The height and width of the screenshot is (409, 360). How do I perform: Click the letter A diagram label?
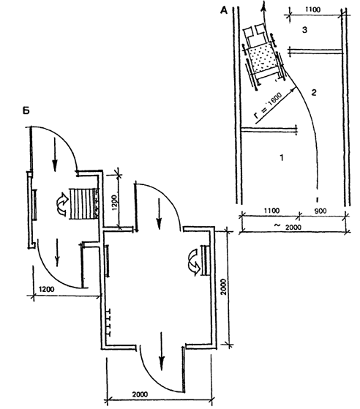coord(224,10)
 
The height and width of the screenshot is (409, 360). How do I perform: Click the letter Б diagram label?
coord(26,110)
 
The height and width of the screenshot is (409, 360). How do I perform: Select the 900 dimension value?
coord(320,211)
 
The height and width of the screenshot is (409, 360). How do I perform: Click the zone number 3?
coord(304,30)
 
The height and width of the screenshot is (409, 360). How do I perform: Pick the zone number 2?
coord(314,92)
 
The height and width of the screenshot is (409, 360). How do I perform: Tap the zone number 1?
coord(282,157)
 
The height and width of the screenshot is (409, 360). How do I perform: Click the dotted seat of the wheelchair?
coord(262,59)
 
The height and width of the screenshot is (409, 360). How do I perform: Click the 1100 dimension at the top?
coord(312,10)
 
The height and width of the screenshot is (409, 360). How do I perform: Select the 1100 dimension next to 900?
coord(271,210)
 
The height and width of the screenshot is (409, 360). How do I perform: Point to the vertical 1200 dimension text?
coord(116,201)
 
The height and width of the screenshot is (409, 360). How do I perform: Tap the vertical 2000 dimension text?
coord(223,288)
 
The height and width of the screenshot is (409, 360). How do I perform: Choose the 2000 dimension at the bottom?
coord(140,402)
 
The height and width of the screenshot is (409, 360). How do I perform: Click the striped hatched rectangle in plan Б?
coord(82,204)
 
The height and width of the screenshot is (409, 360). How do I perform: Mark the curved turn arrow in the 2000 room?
coord(195,262)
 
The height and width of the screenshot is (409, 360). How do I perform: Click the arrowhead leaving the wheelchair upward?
coord(264,6)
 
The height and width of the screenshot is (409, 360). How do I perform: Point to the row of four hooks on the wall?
coord(109,322)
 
